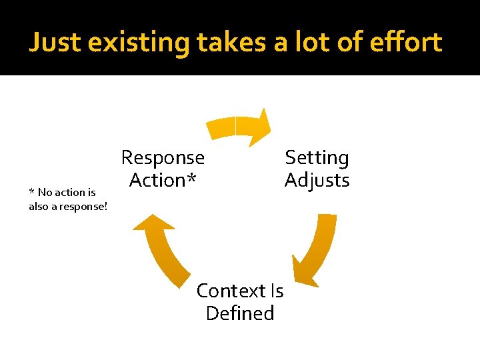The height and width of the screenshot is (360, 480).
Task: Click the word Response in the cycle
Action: click(x=163, y=158)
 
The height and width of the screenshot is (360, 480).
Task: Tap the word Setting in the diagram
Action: click(x=317, y=158)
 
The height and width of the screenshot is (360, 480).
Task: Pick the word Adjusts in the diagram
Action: click(x=317, y=180)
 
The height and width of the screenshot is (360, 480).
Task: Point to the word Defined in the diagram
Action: click(x=240, y=313)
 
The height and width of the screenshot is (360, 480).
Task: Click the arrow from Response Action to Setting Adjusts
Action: click(x=237, y=126)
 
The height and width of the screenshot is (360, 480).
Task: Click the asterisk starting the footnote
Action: click(x=31, y=192)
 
